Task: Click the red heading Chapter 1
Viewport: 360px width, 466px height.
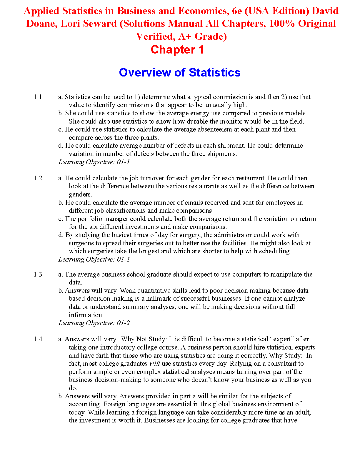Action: click(x=177, y=50)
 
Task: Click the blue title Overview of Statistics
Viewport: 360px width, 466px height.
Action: click(x=179, y=73)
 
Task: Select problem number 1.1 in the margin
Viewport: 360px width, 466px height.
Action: click(x=38, y=97)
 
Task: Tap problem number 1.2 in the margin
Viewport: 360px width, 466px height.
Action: click(x=38, y=178)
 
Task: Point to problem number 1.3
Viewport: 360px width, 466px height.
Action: click(x=38, y=274)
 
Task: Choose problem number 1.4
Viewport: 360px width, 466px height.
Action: click(x=38, y=339)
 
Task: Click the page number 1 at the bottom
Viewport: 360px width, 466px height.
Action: click(x=180, y=441)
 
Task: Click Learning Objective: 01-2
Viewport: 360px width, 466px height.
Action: click(x=94, y=323)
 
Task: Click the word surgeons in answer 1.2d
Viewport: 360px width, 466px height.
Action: click(x=81, y=243)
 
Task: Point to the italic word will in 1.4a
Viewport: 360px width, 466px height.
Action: click(x=155, y=364)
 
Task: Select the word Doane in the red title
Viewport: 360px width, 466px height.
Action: click(x=41, y=24)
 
